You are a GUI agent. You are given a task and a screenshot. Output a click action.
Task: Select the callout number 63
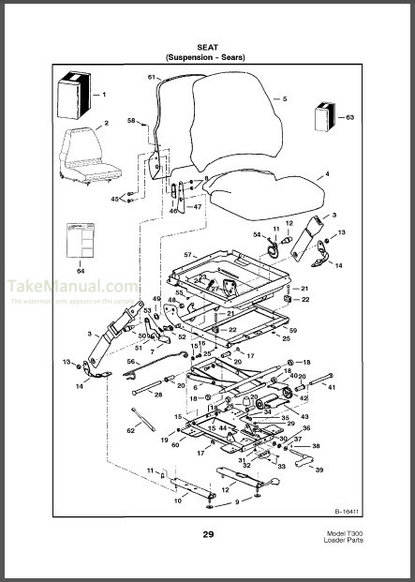(350, 117)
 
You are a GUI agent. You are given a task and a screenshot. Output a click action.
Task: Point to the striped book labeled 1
(74, 94)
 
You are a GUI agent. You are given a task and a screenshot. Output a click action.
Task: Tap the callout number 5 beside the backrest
(284, 97)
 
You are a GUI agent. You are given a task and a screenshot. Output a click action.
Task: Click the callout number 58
(131, 120)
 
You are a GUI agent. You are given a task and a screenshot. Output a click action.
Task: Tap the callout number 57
(187, 255)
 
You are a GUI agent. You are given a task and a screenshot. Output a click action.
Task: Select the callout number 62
(132, 430)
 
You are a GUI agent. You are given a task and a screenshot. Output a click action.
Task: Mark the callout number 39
(319, 470)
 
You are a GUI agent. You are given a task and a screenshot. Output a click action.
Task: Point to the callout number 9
(237, 502)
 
